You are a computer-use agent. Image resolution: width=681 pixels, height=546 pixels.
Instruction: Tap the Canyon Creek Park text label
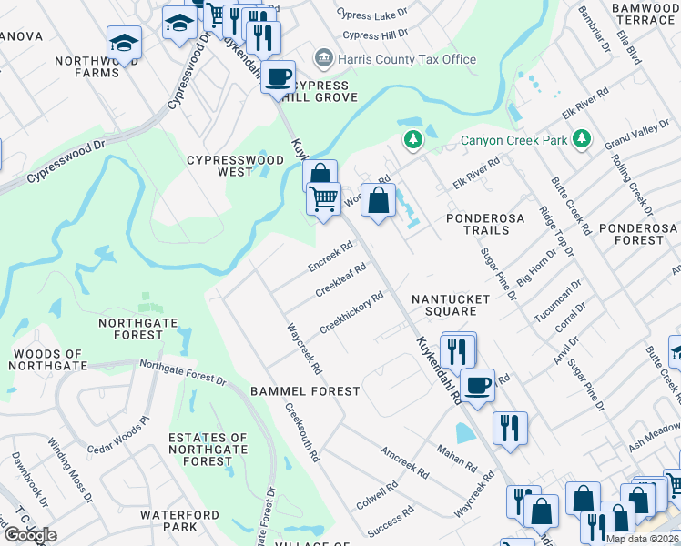pos(513,140)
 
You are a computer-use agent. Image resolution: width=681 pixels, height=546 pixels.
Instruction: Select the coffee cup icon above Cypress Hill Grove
pos(279,76)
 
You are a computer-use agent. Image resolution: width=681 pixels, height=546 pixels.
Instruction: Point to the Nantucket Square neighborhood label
pos(444,305)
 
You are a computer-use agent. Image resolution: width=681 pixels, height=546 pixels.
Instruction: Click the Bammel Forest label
pos(305,390)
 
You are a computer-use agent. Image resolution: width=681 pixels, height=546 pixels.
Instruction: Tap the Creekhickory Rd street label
pos(351,312)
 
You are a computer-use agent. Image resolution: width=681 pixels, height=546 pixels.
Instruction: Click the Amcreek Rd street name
pos(404,462)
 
